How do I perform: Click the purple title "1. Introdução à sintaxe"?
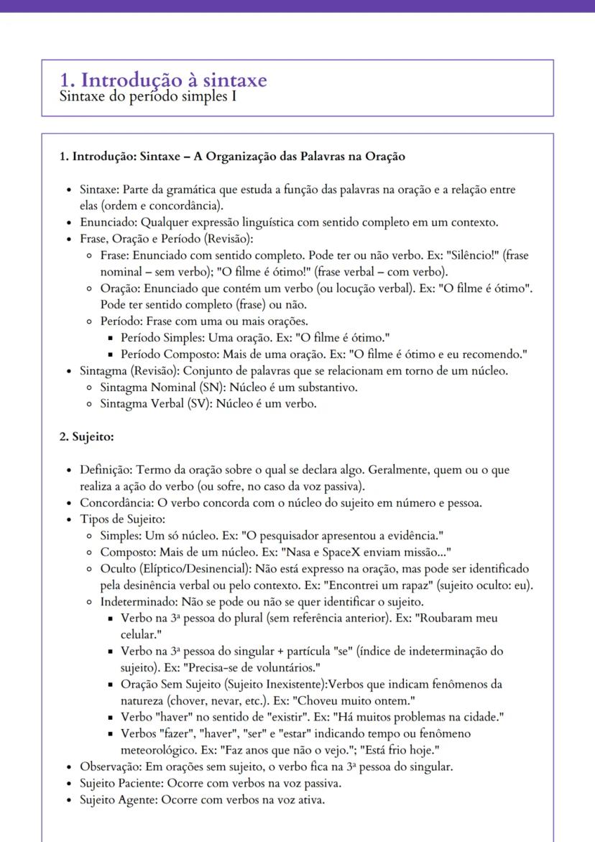[x=164, y=80]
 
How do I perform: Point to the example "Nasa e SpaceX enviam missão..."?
[x=368, y=552]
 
